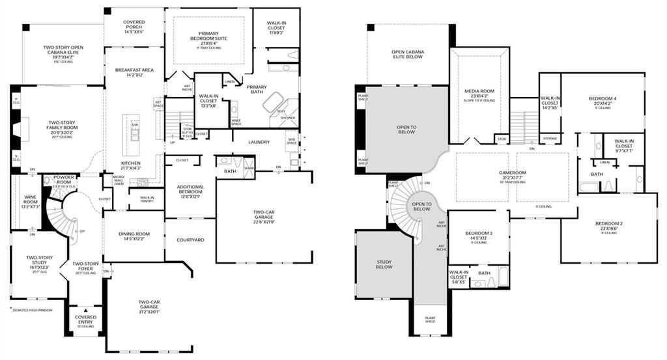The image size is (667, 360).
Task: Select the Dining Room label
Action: (133, 236)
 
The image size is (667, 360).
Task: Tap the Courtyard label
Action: (190, 240)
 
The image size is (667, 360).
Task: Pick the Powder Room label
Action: (68, 178)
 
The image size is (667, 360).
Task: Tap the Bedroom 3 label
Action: (478, 235)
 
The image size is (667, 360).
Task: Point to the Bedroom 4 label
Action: (603, 100)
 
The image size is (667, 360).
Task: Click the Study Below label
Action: (384, 264)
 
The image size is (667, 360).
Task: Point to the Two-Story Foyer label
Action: (85, 266)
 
